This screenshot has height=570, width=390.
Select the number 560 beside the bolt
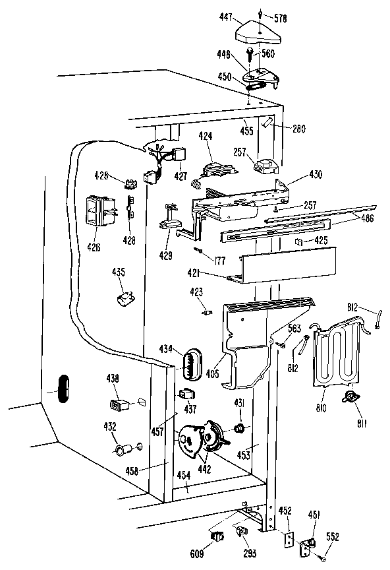pos(268,53)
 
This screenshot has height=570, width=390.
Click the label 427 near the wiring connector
pos(181,176)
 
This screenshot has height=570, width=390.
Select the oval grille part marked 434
pos(190,364)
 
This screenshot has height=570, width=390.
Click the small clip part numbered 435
pos(124,297)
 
